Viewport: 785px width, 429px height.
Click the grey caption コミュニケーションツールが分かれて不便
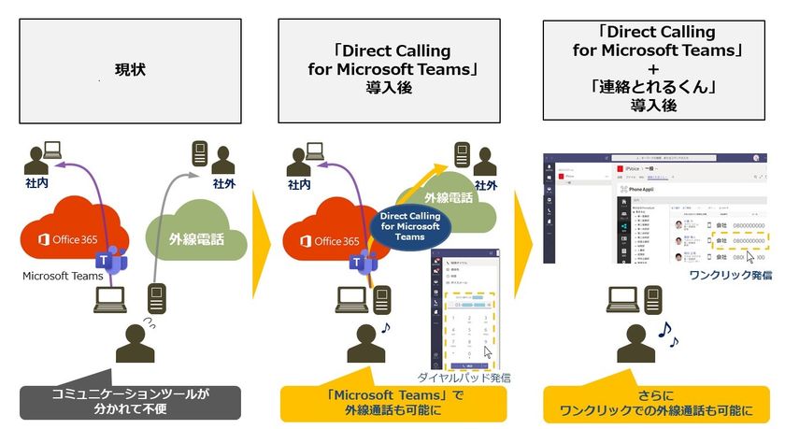pos(130,402)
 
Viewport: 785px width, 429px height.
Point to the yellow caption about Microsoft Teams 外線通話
pos(393,402)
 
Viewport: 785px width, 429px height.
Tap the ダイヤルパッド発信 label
pos(464,377)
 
